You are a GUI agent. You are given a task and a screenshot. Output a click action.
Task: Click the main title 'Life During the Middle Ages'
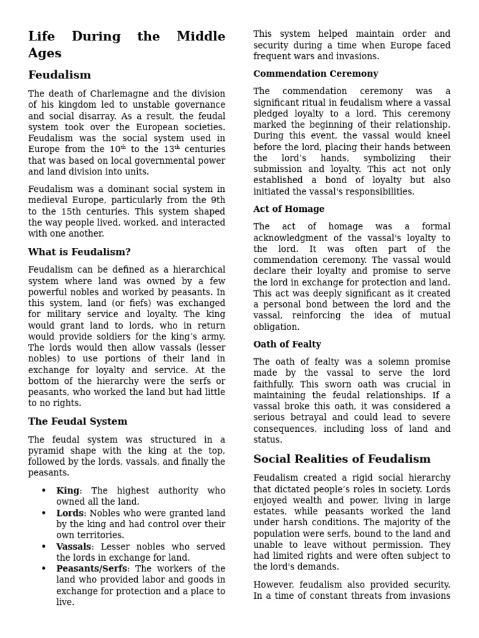pos(127,45)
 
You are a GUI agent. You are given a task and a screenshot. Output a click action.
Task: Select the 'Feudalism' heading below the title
pos(59,75)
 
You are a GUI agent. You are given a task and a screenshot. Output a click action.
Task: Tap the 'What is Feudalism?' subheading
pos(79,252)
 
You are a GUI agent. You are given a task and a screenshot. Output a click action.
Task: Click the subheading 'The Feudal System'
pos(77,422)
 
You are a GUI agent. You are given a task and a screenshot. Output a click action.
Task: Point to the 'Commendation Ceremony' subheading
pos(316,74)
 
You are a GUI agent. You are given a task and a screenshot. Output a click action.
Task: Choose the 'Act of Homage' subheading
pos(289,209)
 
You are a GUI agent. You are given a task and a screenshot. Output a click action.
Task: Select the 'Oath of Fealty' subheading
pos(287,345)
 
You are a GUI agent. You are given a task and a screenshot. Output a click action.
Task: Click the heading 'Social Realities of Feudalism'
pos(342,459)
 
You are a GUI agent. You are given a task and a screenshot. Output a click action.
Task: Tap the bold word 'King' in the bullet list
pos(68,491)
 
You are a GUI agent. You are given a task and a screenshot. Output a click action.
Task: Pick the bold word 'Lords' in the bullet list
pos(70,513)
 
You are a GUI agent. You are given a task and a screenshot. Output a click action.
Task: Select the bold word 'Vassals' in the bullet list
pos(74,547)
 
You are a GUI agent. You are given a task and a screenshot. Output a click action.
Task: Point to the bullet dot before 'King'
pos(44,491)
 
